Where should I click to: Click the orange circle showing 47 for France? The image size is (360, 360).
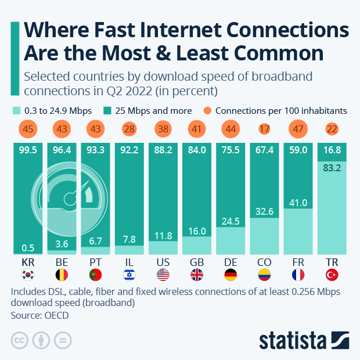pyautogui.click(x=298, y=128)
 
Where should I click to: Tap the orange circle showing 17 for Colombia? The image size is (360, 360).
pyautogui.click(x=265, y=128)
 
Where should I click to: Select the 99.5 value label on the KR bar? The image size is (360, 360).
pyautogui.click(x=28, y=150)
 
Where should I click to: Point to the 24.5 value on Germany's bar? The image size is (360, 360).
pyautogui.click(x=231, y=237)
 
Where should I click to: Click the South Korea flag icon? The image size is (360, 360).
pyautogui.click(x=28, y=275)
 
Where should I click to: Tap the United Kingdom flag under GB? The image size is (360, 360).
pyautogui.click(x=197, y=275)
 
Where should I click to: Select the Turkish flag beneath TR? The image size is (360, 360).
pyautogui.click(x=332, y=275)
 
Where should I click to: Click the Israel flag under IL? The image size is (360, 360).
pyautogui.click(x=129, y=275)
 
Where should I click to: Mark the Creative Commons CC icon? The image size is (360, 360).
pyautogui.click(x=20, y=340)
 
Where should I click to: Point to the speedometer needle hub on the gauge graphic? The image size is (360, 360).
pyautogui.click(x=72, y=200)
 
